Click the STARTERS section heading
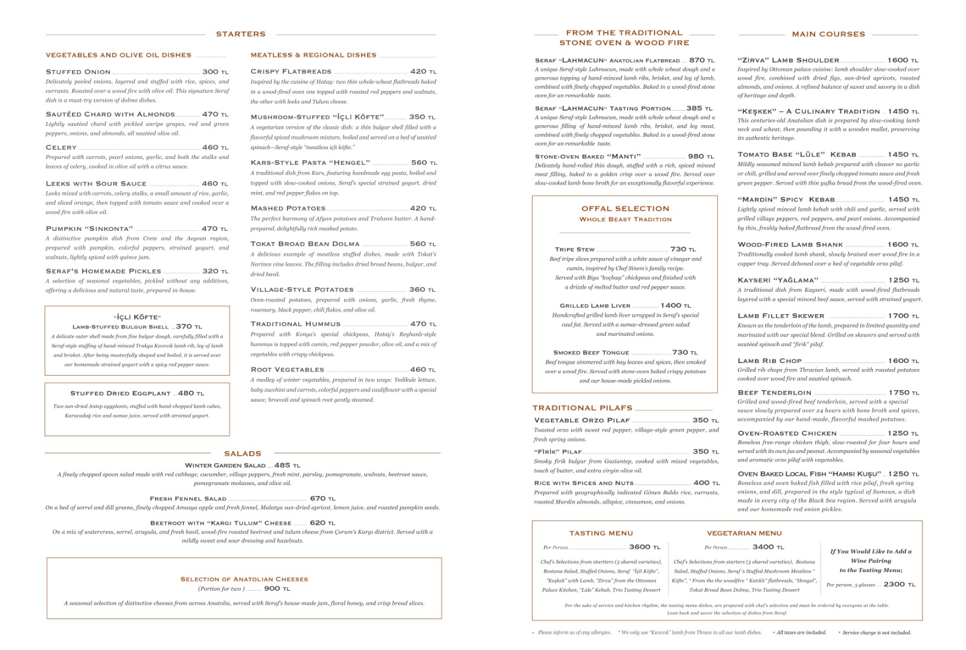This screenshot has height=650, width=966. (x=240, y=34)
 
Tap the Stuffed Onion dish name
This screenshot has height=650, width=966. (x=78, y=72)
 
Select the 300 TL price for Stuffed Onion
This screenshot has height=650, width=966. (x=215, y=72)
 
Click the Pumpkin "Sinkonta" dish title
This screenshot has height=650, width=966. (x=89, y=229)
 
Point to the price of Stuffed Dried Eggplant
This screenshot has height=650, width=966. (x=190, y=393)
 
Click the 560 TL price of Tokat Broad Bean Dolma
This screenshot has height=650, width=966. (x=423, y=244)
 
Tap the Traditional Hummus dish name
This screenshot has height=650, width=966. (x=295, y=324)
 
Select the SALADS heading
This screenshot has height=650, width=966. (x=242, y=454)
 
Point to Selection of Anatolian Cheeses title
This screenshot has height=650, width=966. (x=244, y=579)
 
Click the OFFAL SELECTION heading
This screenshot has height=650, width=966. (x=625, y=209)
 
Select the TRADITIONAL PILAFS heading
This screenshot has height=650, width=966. (x=582, y=408)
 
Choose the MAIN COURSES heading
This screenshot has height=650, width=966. (x=828, y=34)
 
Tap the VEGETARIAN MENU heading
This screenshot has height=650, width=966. (x=744, y=533)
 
